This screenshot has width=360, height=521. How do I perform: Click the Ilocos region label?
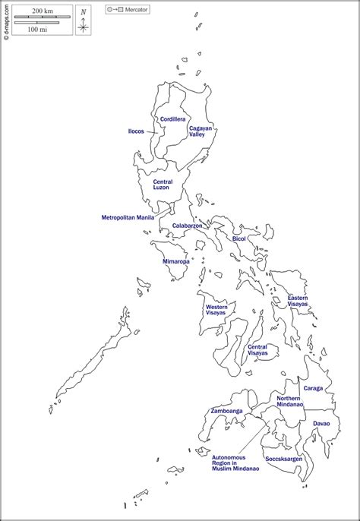pos(136,131)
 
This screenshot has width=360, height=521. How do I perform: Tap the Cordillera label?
pos(172,119)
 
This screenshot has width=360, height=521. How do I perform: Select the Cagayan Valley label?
pos(201,131)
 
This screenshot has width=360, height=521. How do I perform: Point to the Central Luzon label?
pos(163,185)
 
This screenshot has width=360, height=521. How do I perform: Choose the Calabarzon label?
pos(186,226)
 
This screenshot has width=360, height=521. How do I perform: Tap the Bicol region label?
pos(239,238)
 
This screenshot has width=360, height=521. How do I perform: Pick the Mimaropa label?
pos(176,261)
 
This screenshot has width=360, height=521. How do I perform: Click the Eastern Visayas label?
pos(298,301)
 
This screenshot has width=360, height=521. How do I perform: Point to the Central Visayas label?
pos(257,350)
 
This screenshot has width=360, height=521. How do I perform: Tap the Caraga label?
pos(313,388)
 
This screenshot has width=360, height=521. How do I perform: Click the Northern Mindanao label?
pos(289,402)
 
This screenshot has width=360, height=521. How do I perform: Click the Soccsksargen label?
pos(283,459)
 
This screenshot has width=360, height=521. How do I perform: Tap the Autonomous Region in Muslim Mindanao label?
pos(235,458)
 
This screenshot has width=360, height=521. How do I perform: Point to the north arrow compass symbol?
pos(83,21)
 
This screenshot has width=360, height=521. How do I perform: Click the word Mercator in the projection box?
pos(137,10)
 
